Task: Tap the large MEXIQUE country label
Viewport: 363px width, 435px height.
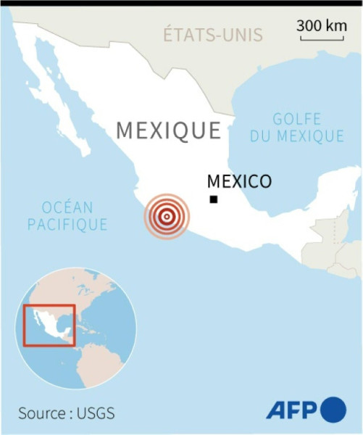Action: pos(169,130)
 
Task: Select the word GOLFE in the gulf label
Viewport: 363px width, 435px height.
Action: pos(297,119)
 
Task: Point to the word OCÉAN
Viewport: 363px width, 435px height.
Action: pos(67,207)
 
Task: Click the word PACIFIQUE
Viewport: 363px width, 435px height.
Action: pos(67,225)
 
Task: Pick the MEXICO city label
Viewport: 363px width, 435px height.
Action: pos(238,181)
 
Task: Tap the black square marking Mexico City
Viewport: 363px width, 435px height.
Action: pos(213,199)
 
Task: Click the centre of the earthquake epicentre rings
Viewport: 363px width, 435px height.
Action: pos(166,215)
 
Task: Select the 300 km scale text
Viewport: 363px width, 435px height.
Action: pos(322,25)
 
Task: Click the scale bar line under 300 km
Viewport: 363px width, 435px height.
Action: pos(322,38)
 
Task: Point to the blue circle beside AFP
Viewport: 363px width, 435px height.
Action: pos(333,410)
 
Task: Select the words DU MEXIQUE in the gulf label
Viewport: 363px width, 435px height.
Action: pos(297,136)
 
